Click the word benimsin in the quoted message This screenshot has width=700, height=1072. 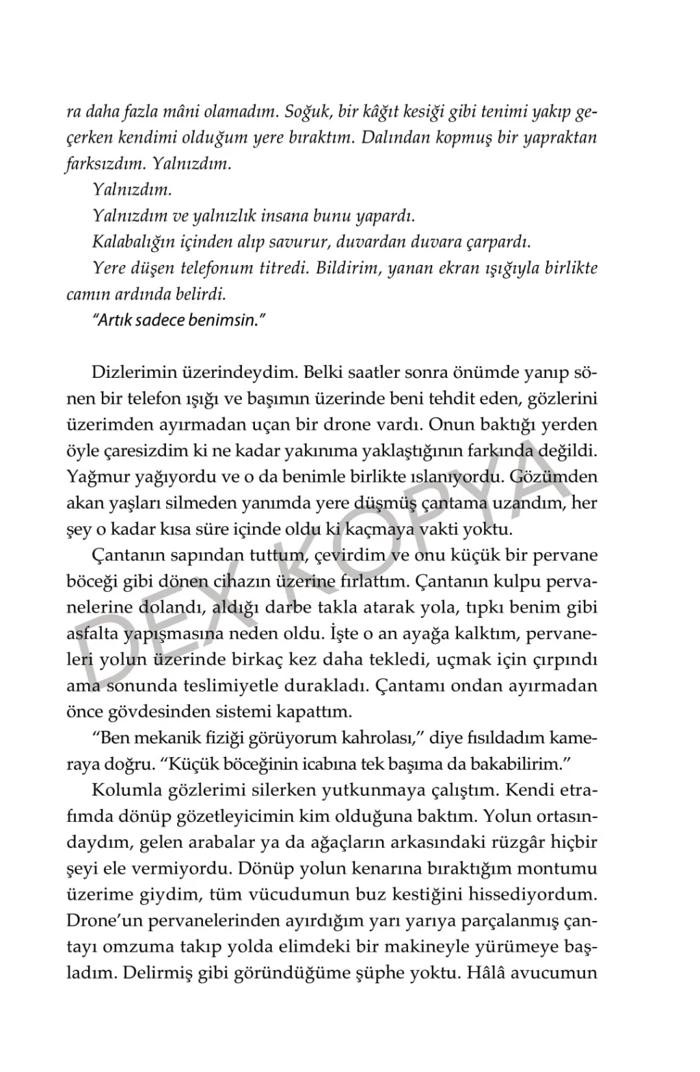pos(225,320)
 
